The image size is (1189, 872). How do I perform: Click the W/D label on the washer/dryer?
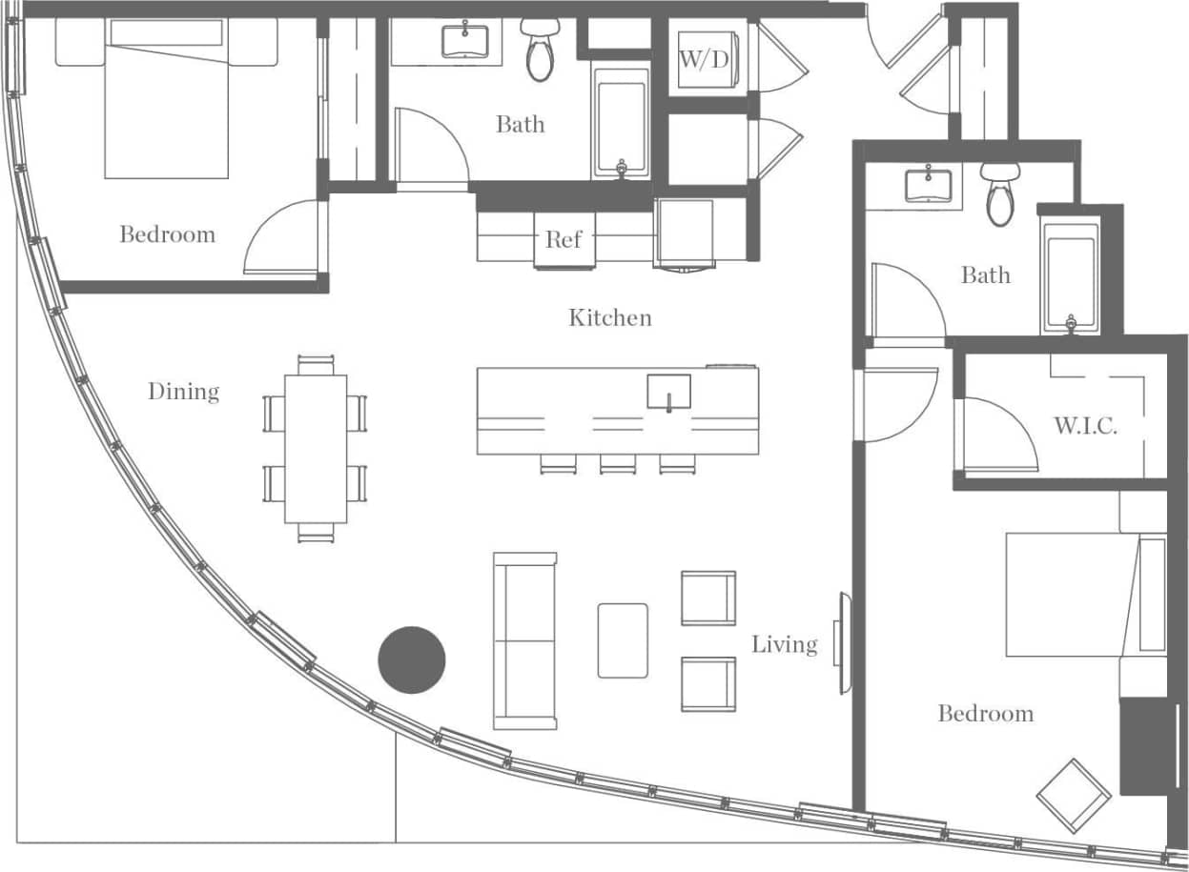pyautogui.click(x=704, y=59)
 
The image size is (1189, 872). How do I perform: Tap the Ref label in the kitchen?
pyautogui.click(x=563, y=238)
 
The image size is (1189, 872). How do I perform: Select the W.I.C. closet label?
pyautogui.click(x=1085, y=426)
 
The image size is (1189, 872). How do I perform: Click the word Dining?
pyautogui.click(x=183, y=392)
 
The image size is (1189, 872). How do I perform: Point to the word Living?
pyautogui.click(x=784, y=645)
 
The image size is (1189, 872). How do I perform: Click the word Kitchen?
pyautogui.click(x=610, y=317)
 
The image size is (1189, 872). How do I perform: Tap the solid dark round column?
pyautogui.click(x=412, y=659)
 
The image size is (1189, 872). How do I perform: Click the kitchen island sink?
pyautogui.click(x=668, y=392)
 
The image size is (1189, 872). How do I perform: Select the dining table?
pyautogui.click(x=316, y=449)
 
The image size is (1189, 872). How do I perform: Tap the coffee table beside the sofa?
pyautogui.click(x=623, y=640)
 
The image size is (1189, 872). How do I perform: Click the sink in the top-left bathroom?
pyautogui.click(x=464, y=41)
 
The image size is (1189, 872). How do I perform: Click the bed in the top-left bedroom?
pyautogui.click(x=167, y=100)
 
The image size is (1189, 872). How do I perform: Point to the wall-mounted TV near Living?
pyautogui.click(x=842, y=644)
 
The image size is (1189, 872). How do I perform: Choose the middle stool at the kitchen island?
pyautogui.click(x=617, y=463)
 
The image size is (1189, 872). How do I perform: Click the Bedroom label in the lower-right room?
pyautogui.click(x=985, y=714)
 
